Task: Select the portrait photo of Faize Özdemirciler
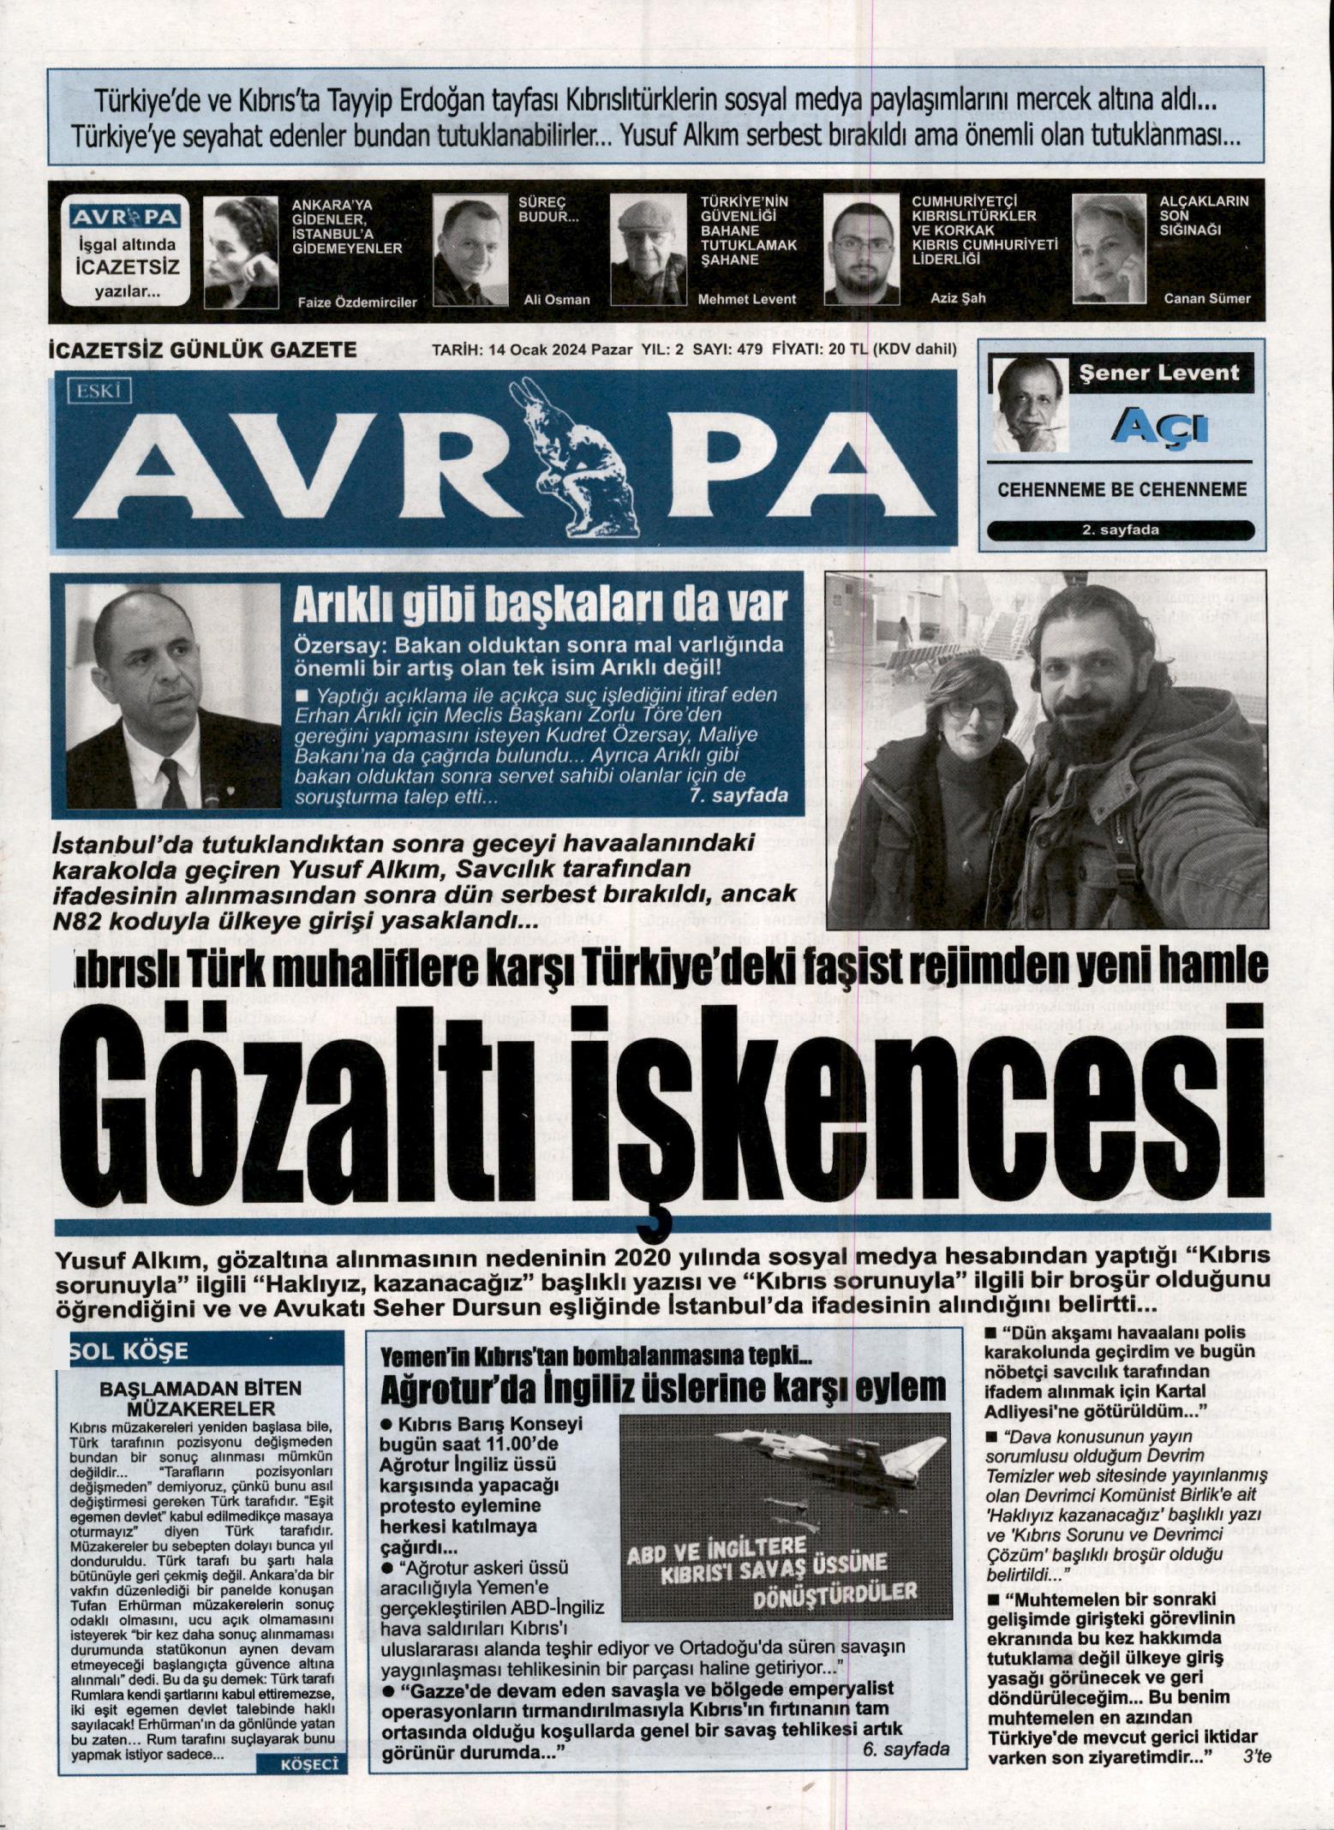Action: tap(241, 251)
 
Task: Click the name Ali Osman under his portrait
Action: tap(556, 299)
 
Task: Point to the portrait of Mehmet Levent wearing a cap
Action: tap(648, 250)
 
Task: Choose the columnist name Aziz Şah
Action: tap(957, 298)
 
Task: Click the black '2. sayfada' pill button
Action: tap(1120, 529)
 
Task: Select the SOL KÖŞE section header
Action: tap(129, 1351)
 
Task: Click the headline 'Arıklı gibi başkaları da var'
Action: tap(539, 606)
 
